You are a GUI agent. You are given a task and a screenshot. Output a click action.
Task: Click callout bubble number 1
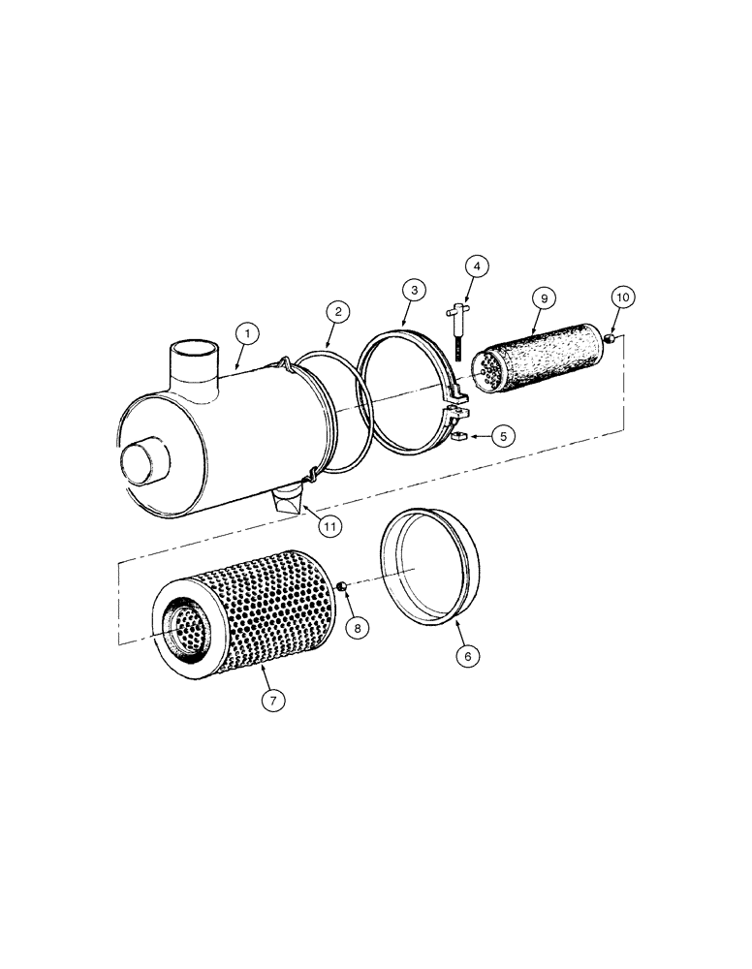pyautogui.click(x=248, y=333)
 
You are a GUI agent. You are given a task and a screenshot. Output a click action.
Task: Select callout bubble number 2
pyautogui.click(x=338, y=312)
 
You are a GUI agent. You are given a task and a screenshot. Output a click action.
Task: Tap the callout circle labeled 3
pyautogui.click(x=413, y=290)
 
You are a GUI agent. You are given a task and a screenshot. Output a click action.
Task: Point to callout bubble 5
pyautogui.click(x=502, y=436)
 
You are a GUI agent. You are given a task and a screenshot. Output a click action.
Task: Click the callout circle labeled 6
pyautogui.click(x=468, y=656)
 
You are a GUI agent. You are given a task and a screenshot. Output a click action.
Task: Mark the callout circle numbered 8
pyautogui.click(x=357, y=628)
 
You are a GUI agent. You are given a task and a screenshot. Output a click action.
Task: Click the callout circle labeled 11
pyautogui.click(x=330, y=526)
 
